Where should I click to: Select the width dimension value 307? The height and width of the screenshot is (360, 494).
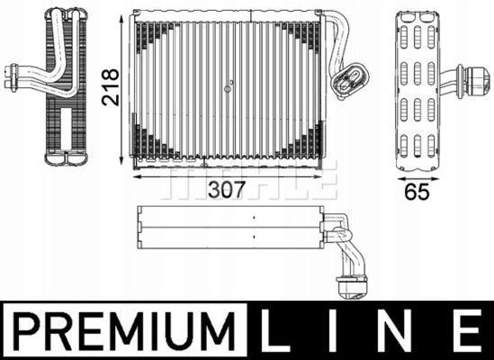[226, 191]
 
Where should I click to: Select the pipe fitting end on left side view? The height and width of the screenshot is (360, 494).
[13, 76]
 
